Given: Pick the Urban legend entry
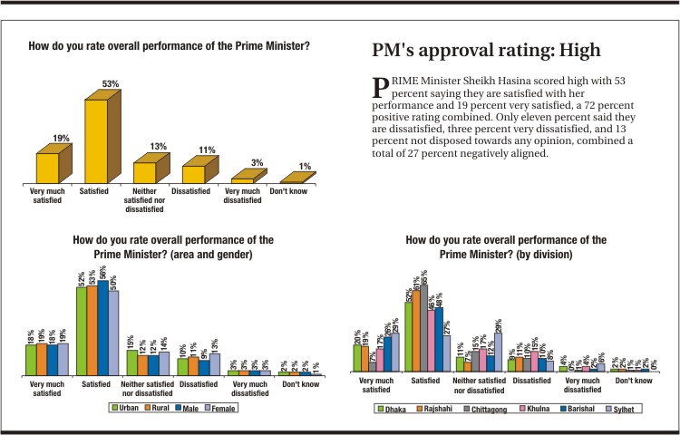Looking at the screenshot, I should (x=128, y=408).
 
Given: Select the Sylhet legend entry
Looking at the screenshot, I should (x=626, y=408).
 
